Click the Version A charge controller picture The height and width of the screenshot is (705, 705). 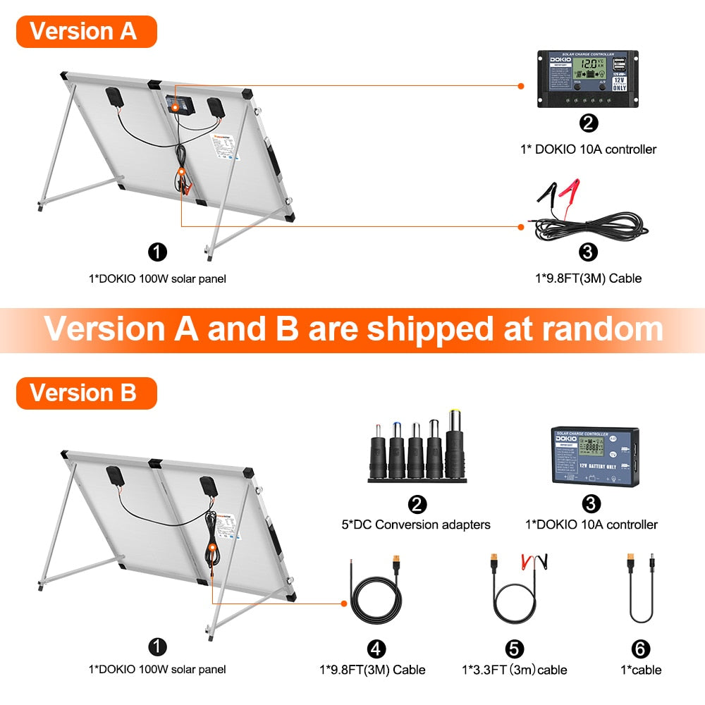pyautogui.click(x=588, y=78)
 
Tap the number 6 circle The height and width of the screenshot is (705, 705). pyautogui.click(x=641, y=649)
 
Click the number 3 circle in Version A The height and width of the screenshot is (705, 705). pyautogui.click(x=588, y=252)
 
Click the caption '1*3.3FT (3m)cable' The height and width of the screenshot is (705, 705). pyautogui.click(x=515, y=670)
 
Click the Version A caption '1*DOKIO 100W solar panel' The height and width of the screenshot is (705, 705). pyautogui.click(x=157, y=278)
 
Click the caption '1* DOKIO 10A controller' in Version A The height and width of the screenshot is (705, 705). pyautogui.click(x=588, y=149)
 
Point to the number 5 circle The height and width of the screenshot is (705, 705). pyautogui.click(x=514, y=649)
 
